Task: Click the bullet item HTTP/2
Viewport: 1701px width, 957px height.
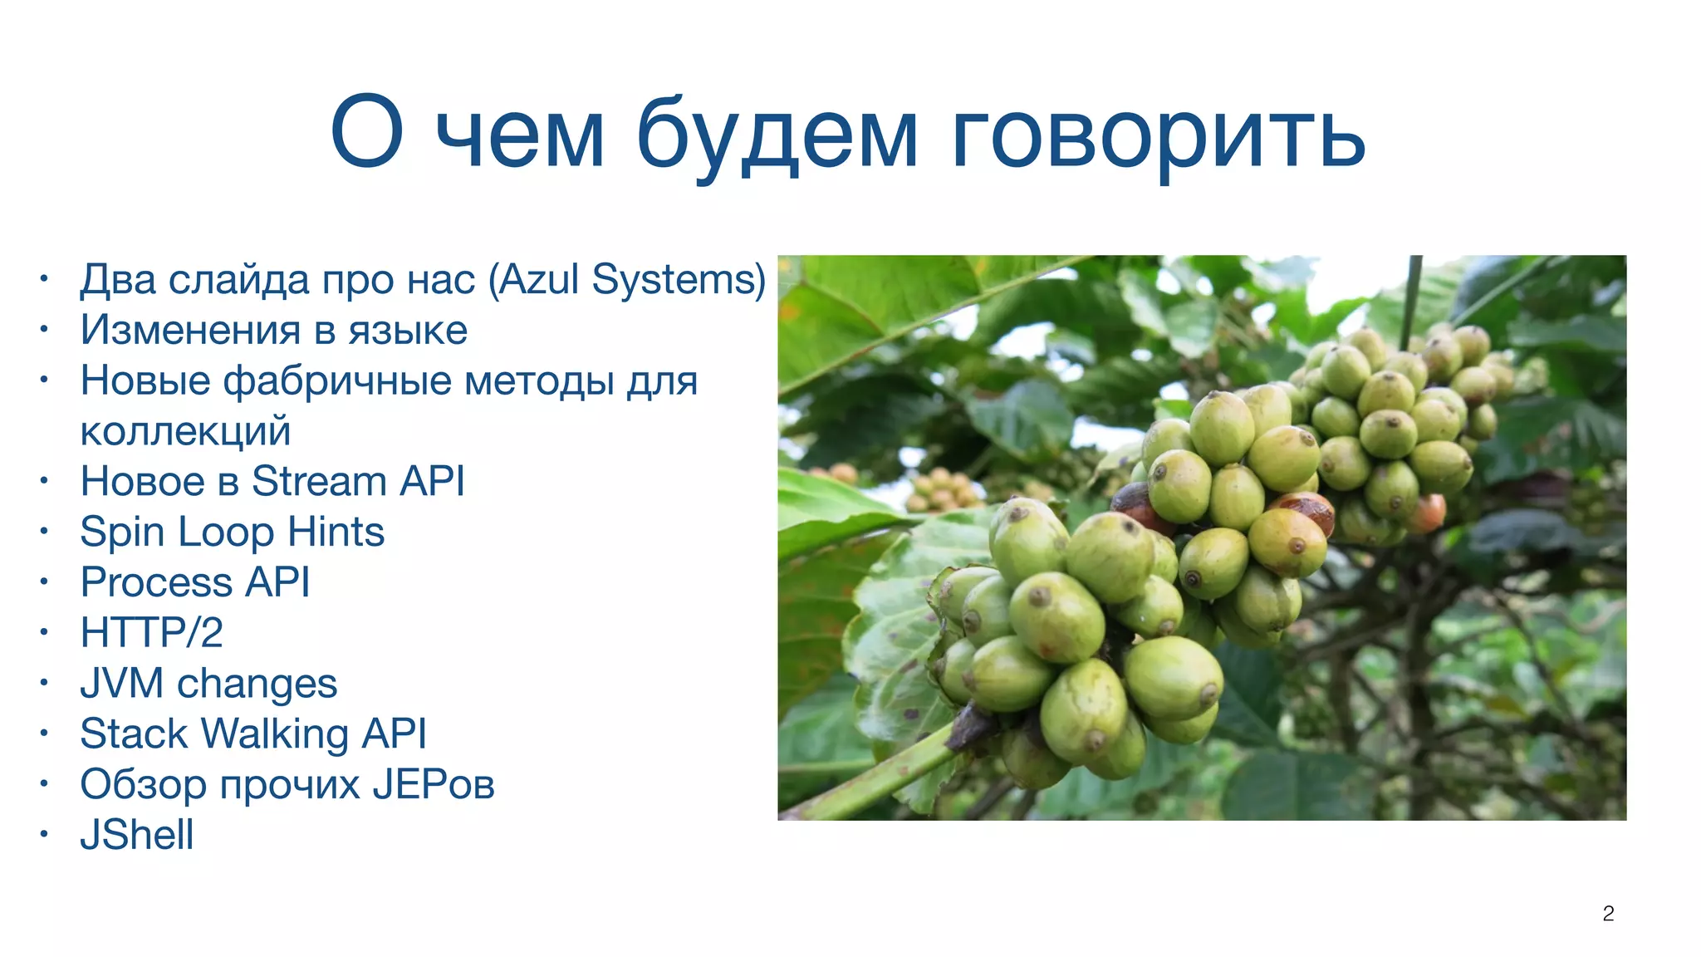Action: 151,633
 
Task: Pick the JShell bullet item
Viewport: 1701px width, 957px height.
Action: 136,835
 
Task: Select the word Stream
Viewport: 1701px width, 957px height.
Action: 319,482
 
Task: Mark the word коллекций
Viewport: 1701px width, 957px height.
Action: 185,432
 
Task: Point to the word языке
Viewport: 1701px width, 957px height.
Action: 408,331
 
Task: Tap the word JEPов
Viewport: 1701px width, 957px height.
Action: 433,785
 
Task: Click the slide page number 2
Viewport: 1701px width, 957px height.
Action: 1608,914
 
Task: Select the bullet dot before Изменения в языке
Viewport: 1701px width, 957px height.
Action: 44,330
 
